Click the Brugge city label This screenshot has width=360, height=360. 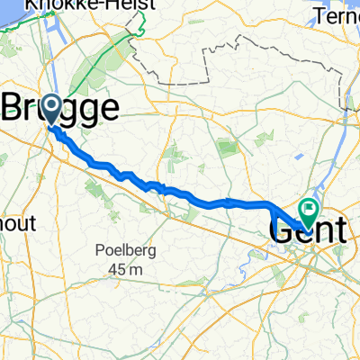pos(63,109)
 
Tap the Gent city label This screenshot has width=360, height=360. pos(306,231)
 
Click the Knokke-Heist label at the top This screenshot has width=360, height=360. pos(76,5)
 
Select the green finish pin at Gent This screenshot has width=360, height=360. pos(308,211)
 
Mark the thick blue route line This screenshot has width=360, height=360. pos(180,193)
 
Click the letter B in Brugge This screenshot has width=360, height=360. pos(16,109)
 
